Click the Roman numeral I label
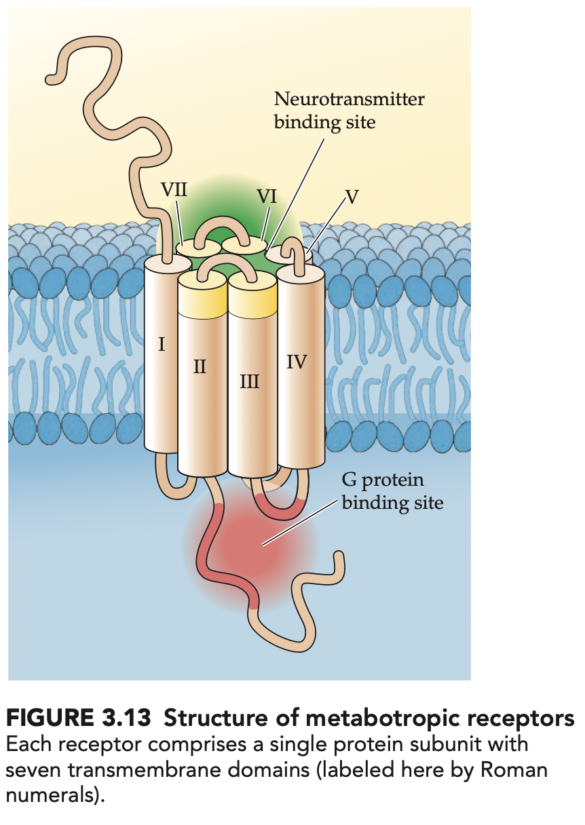click(x=162, y=344)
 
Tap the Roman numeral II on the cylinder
click(x=200, y=367)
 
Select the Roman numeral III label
click(x=250, y=381)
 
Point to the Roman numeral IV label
click(x=297, y=362)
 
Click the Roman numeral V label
click(x=351, y=197)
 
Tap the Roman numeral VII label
click(x=174, y=189)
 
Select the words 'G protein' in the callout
click(x=383, y=480)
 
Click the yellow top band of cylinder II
click(x=202, y=301)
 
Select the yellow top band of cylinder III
click(x=252, y=301)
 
